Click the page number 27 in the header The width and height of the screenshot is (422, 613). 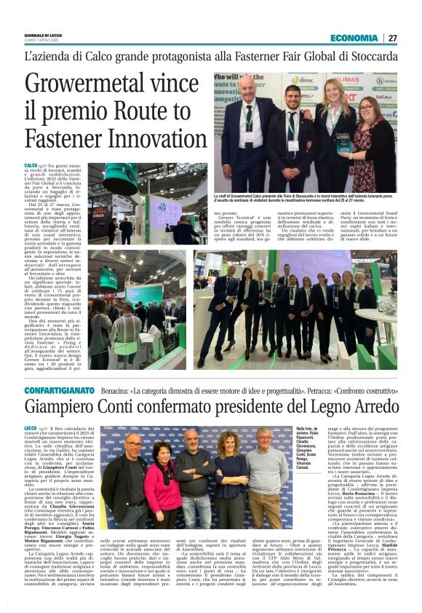[x=393, y=38]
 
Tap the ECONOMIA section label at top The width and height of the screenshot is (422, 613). [x=354, y=38]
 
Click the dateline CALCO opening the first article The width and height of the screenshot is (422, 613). [x=31, y=166]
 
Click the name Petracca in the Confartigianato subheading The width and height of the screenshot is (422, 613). [x=299, y=391]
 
